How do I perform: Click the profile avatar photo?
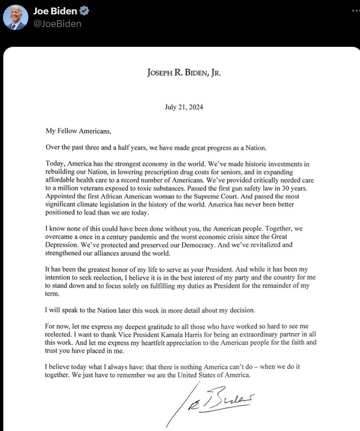pyautogui.click(x=16, y=18)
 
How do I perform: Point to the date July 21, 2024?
pyautogui.click(x=184, y=107)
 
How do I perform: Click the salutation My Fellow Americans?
pyautogui.click(x=78, y=131)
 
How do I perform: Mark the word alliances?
pyautogui.click(x=125, y=253)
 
